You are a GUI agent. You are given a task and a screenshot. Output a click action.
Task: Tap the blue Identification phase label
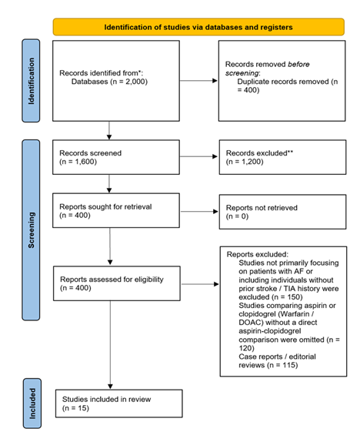pyautogui.click(x=32, y=80)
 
